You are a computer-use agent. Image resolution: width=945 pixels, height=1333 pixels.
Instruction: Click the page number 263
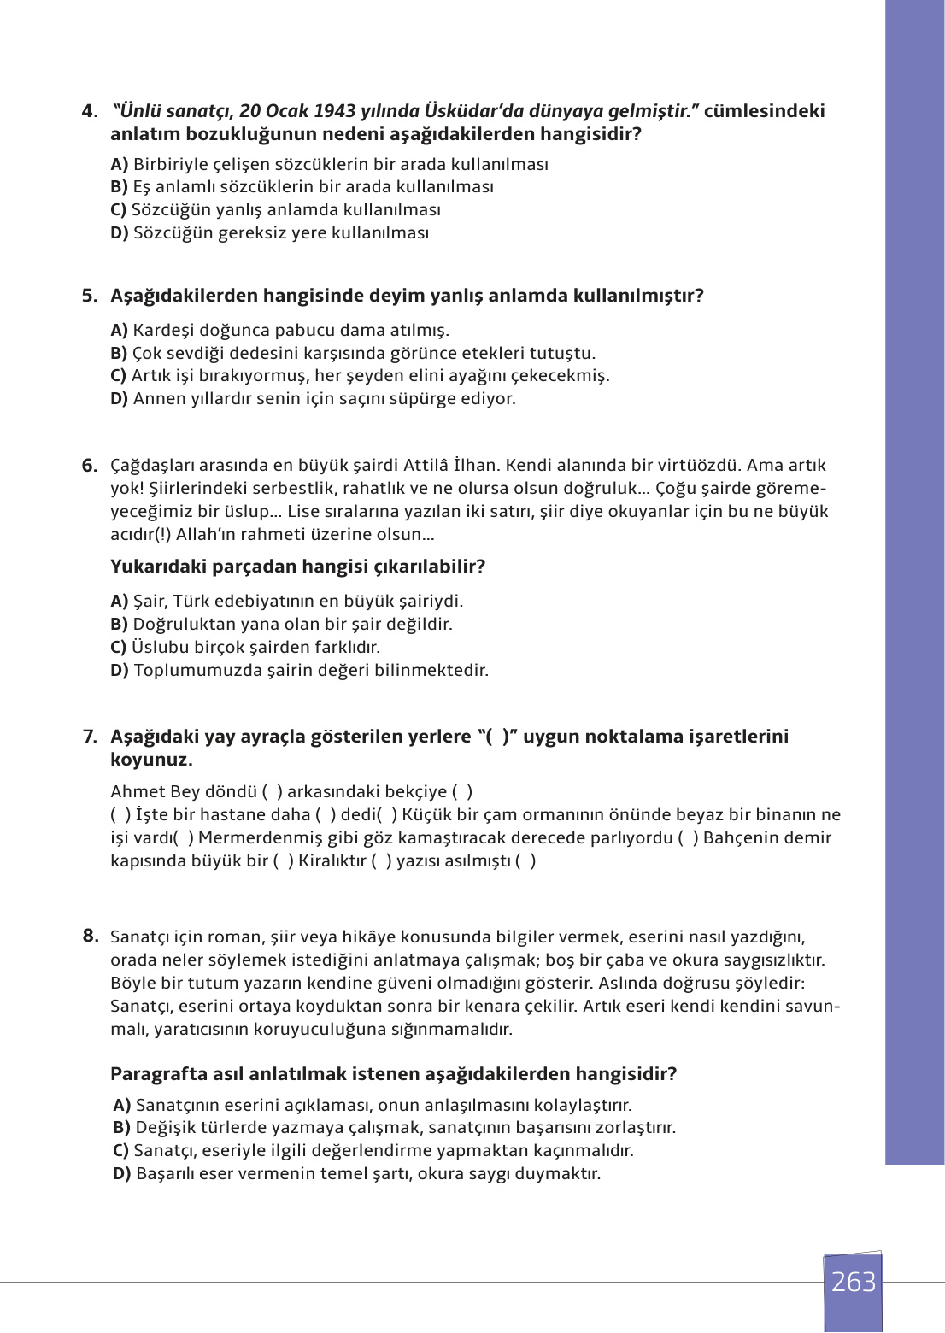point(853,1282)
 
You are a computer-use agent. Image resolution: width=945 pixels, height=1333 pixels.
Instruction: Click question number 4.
point(90,111)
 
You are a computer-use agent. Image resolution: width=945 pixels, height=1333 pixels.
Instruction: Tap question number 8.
point(91,936)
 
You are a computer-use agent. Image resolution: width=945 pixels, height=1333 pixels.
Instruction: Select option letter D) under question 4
point(120,233)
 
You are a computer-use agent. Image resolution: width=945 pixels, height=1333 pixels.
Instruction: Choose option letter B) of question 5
point(119,354)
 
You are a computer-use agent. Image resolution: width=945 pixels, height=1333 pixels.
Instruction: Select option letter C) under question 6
point(119,648)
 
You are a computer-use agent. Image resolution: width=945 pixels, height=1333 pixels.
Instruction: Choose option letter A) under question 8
point(122,1106)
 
